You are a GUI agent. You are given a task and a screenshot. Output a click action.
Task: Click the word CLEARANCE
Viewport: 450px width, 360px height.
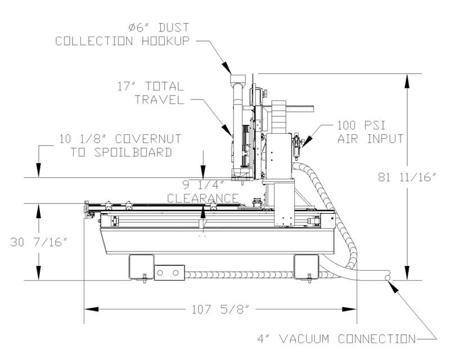click(204, 198)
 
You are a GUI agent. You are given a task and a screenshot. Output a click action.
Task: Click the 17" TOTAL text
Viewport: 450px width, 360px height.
click(148, 87)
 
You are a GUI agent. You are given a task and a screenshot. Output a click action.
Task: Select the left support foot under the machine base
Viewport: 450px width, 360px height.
click(141, 265)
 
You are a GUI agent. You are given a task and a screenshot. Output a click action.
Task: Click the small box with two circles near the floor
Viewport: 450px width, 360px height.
click(169, 273)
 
